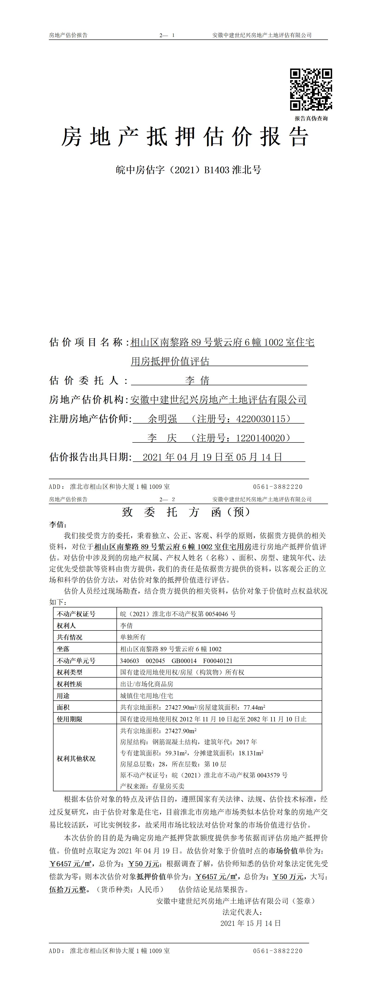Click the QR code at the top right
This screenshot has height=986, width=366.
pyautogui.click(x=311, y=90)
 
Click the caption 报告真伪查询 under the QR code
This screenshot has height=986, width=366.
pyautogui.click(x=311, y=119)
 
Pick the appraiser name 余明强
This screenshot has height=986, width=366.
pyautogui.click(x=162, y=419)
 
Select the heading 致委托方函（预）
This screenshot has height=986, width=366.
pyautogui.click(x=186, y=512)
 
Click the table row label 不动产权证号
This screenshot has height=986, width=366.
pyautogui.click(x=76, y=614)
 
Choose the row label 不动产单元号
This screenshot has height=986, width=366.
pyautogui.click(x=76, y=661)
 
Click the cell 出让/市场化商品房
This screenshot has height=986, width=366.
pyautogui.click(x=146, y=684)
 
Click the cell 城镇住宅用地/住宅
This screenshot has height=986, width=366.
pyautogui.click(x=146, y=696)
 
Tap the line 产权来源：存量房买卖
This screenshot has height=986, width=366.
pyautogui.click(x=152, y=786)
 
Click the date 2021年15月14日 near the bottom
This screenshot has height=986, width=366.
pyautogui.click(x=250, y=923)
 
